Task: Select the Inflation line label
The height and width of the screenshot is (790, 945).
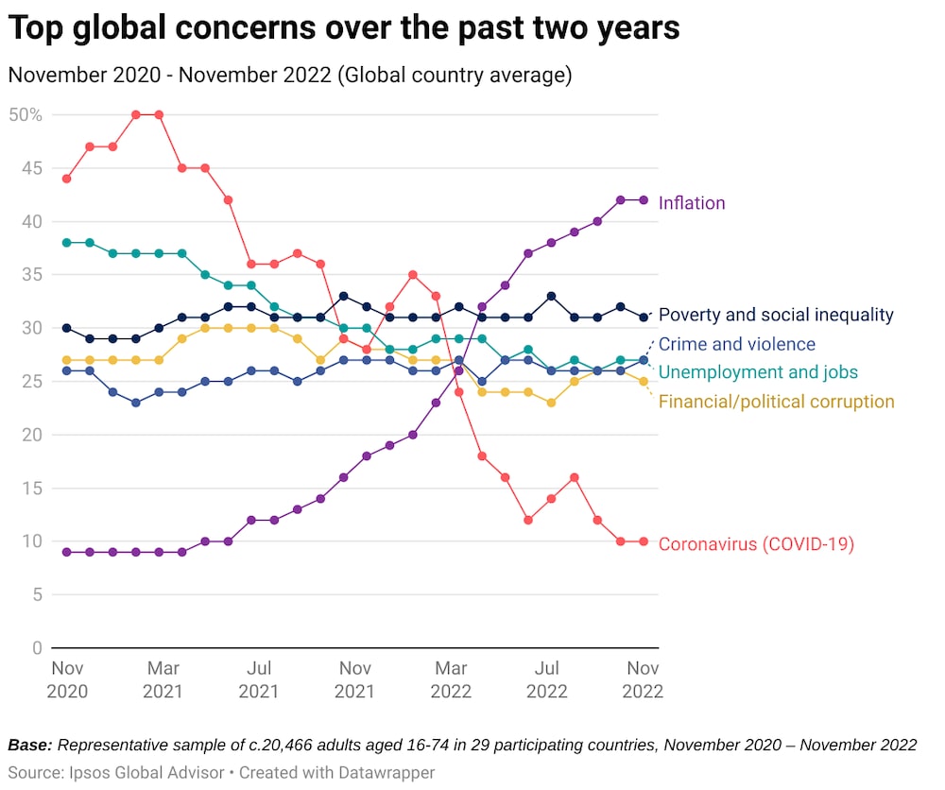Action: (692, 203)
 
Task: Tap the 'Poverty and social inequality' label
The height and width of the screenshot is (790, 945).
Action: (775, 316)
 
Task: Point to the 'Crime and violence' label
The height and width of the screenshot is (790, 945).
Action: (736, 344)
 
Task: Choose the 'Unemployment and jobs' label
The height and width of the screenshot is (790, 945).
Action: (758, 372)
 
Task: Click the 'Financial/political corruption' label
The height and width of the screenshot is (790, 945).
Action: (776, 402)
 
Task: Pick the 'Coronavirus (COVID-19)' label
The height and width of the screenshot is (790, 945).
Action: (756, 544)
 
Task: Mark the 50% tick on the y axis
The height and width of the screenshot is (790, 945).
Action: (26, 115)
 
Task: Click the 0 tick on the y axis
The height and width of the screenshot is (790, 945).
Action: (37, 648)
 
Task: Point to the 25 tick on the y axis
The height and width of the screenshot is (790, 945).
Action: (32, 382)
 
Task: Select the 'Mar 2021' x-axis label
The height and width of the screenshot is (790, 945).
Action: (163, 679)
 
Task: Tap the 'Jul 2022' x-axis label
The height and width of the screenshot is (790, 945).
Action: (547, 679)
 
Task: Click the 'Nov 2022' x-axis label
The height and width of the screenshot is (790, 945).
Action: (643, 679)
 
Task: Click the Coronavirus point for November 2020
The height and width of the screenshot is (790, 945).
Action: (66, 179)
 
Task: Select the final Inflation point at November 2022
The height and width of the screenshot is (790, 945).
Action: (644, 200)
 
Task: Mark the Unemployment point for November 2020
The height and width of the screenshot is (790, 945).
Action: (66, 243)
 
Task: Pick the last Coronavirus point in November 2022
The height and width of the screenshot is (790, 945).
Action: (644, 541)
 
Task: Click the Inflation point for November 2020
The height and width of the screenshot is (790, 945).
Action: (66, 552)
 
